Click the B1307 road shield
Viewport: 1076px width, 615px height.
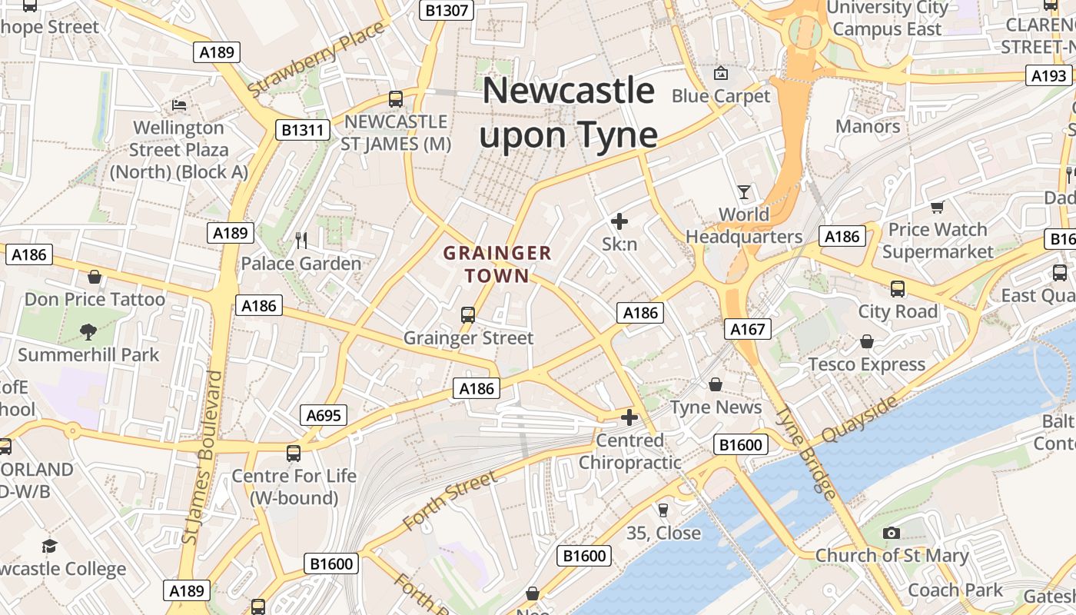[447, 10]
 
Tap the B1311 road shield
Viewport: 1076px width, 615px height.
[303, 130]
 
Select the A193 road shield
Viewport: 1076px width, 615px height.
[1049, 75]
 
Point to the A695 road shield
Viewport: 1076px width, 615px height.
[324, 416]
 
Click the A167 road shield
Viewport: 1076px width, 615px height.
[748, 330]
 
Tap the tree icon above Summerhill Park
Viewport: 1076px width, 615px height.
[88, 332]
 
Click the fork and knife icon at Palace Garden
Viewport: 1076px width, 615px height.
[301, 241]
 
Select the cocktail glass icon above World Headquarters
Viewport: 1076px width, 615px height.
[743, 191]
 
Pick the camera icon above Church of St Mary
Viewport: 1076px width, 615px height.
[892, 533]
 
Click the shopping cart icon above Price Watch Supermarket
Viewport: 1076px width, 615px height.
[937, 207]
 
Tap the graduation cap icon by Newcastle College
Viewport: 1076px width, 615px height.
[50, 546]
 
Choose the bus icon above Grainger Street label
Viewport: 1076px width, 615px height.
[467, 314]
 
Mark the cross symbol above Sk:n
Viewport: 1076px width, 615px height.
[619, 222]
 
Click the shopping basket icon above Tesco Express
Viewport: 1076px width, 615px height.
[867, 341]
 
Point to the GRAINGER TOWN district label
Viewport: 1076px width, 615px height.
[497, 264]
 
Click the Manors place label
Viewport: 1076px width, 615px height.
[868, 126]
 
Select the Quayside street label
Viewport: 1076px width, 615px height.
[859, 420]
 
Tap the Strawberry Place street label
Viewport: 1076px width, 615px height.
[317, 60]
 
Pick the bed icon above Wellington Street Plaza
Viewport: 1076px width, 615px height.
[179, 105]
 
